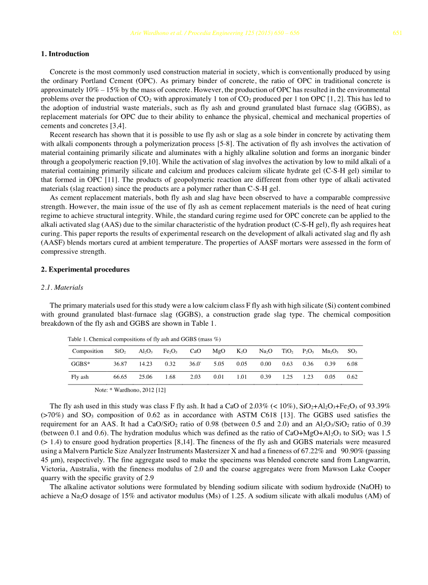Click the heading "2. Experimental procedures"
[85, 269]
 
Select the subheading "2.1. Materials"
[62, 288]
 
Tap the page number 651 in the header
[397, 33]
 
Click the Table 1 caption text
[144, 339]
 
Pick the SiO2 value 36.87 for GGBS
[120, 364]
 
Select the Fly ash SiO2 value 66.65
[120, 377]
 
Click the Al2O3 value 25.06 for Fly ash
[145, 377]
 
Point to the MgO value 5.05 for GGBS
[219, 364]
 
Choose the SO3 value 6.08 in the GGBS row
[352, 364]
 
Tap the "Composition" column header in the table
[88, 351]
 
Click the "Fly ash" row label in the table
[80, 377]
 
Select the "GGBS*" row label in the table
[81, 364]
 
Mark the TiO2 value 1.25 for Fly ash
[287, 377]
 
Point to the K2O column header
[242, 351]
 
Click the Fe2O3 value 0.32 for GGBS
[169, 364]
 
